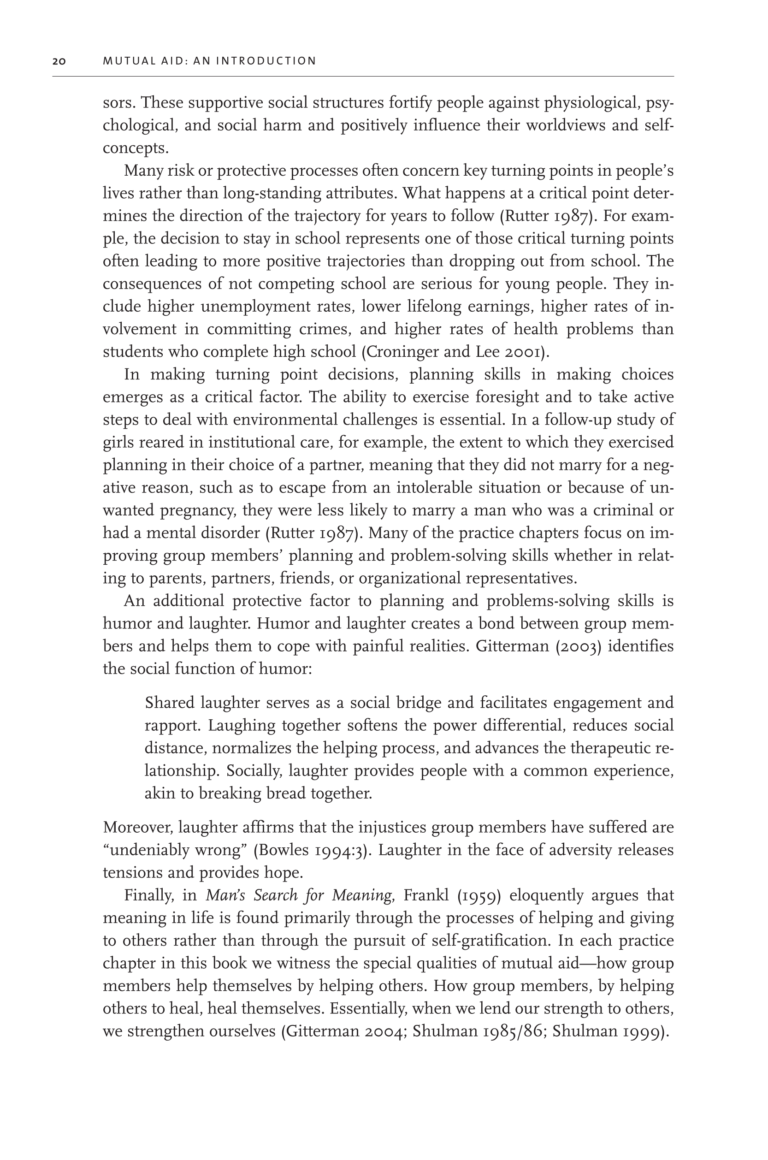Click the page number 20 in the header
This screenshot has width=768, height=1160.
click(x=59, y=61)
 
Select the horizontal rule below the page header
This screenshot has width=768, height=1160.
click(x=363, y=77)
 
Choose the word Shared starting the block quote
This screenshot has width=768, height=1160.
click(x=170, y=703)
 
